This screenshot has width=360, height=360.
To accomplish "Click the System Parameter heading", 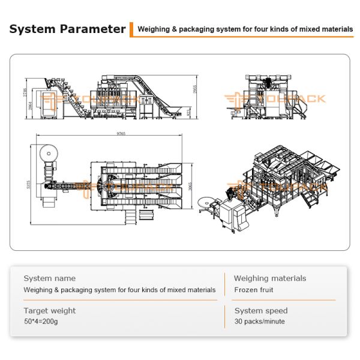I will pyautogui.click(x=68, y=29).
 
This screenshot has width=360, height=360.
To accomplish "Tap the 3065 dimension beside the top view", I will pyautogui.click(x=190, y=187).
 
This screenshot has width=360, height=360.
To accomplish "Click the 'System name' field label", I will pyautogui.click(x=50, y=278).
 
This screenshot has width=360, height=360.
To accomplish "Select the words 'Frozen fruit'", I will pyautogui.click(x=254, y=290).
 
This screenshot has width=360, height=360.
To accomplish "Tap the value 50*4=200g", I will pyautogui.click(x=41, y=322).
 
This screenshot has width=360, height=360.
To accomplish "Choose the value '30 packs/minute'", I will pyautogui.click(x=260, y=322).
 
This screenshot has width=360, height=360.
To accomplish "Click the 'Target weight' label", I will pyautogui.click(x=50, y=311).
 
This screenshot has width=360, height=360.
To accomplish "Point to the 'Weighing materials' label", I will pyautogui.click(x=270, y=278).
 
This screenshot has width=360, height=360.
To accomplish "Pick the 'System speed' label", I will pyautogui.click(x=261, y=311).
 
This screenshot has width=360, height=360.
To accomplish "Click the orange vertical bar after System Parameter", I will pyautogui.click(x=131, y=29).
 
